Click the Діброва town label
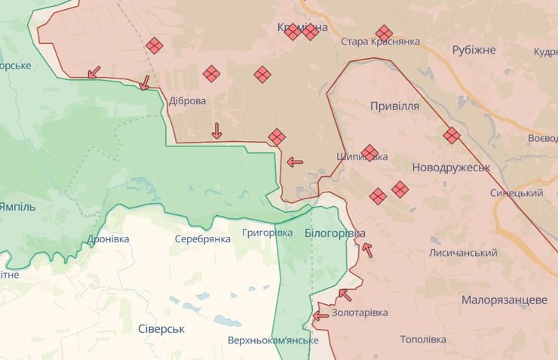188,100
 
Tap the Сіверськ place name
161,329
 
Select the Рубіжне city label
474,50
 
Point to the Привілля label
394,106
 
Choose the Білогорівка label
335,233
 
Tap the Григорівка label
268,232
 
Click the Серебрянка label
202,238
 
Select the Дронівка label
108,238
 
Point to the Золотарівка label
360,312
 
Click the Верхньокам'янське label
273,340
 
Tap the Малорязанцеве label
504,300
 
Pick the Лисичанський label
463,253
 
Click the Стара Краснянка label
380,42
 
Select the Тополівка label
427,340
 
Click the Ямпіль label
17,206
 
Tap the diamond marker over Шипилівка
369,152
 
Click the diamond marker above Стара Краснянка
384,32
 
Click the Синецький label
517,193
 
